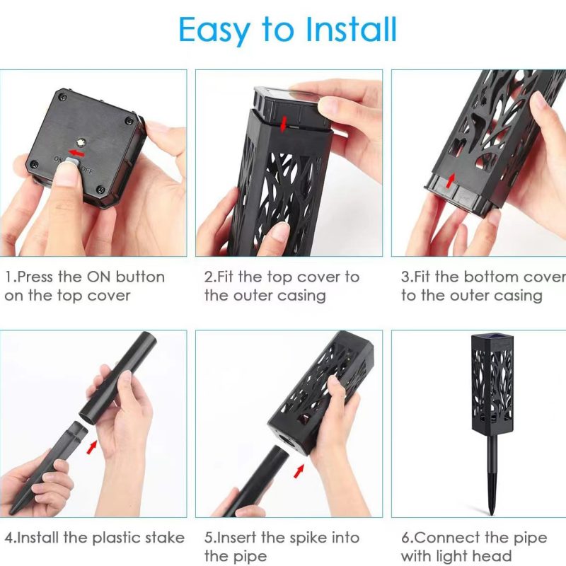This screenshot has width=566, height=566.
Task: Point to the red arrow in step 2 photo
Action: tap(284, 124)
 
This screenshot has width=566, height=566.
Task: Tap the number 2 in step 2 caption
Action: tap(209, 277)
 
